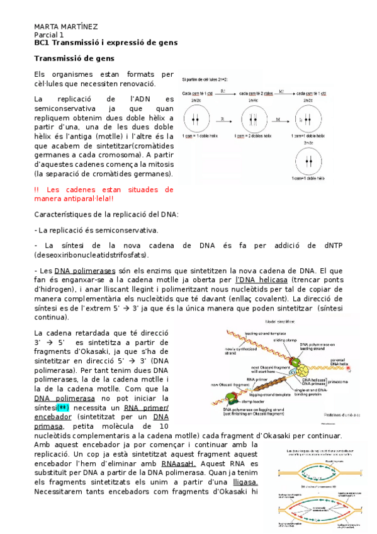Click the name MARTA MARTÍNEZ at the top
point(65,26)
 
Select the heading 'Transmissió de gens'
point(71,59)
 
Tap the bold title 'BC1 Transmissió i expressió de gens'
point(106,42)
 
